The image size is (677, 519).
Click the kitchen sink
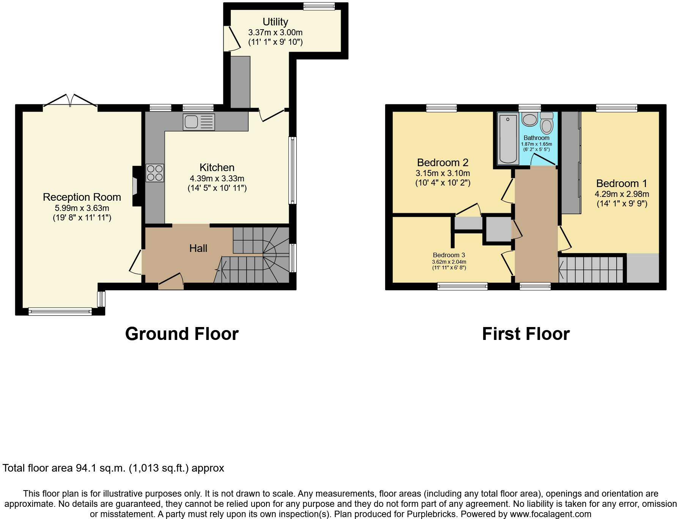coord(198,122)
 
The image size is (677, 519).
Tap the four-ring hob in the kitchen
coord(155,173)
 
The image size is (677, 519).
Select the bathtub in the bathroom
coord(508,139)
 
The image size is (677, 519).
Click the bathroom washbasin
coord(529,119)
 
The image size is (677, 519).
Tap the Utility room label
coord(275,22)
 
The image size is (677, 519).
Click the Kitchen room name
coord(217,167)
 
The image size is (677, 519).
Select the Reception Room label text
coord(82,197)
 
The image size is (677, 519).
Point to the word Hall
coord(198,248)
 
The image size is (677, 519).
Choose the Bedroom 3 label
coord(449,255)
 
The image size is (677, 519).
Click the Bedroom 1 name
coord(622,184)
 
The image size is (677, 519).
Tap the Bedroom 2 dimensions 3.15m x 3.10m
coord(443,173)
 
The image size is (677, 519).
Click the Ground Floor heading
coord(182,334)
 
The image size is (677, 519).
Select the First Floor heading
coord(526,334)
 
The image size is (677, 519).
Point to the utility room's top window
coord(319,6)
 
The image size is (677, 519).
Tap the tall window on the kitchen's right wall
coord(292,170)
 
